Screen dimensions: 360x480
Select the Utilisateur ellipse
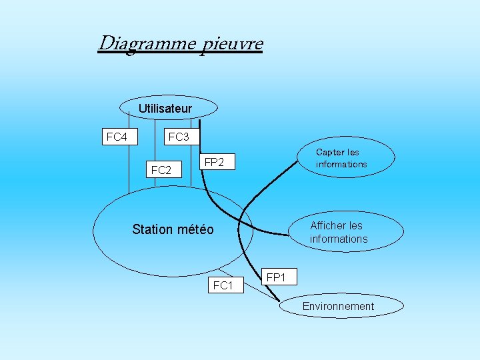pos(169,107)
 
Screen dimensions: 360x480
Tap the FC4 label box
pos(117,137)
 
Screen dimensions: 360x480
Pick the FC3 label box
pos(179,137)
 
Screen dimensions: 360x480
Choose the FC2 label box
pos(161,170)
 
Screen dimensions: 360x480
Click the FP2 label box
pos(214,162)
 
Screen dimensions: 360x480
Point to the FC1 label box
pos(222,285)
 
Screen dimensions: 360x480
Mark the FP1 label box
pos(275,277)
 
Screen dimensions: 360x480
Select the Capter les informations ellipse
pos(347,158)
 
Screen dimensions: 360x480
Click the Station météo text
pos(173,230)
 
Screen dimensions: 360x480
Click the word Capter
pos(330,153)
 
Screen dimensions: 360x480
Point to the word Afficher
pos(328,225)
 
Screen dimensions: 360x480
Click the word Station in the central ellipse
pos(153,230)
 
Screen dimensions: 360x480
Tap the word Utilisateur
pos(165,108)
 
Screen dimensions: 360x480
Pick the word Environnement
pos(338,307)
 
